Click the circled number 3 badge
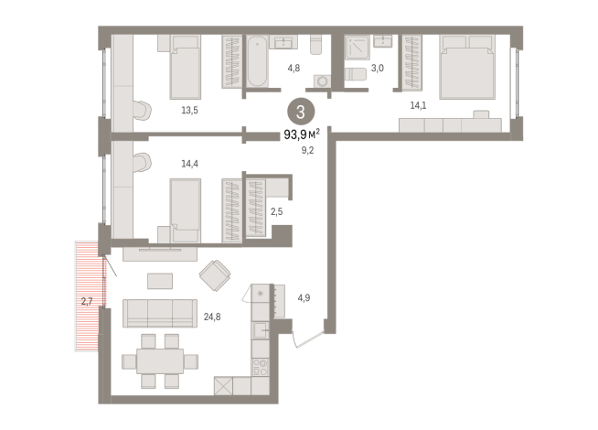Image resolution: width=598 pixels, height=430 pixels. coord(301,112)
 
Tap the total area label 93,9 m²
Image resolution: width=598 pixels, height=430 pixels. coord(302,134)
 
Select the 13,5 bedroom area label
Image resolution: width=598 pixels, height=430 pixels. coord(189,111)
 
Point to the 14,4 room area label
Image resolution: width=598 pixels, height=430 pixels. coord(189,164)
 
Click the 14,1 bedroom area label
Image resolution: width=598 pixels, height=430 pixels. coord(418,105)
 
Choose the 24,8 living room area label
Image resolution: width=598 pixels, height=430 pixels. coord(212,317)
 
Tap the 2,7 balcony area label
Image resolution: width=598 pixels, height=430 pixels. coord(87,301)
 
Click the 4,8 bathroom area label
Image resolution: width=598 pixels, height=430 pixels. coord(294,69)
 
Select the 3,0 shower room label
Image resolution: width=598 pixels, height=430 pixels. coord(378,69)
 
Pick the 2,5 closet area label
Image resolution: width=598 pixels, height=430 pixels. coord(277,211)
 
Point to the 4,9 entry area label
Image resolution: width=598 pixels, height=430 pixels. coord(304,297)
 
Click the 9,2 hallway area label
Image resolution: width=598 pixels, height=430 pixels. coord(308,150)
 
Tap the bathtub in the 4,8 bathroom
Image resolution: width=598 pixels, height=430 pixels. coord(257,61)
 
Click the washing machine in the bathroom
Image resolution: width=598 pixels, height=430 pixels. coord(322,81)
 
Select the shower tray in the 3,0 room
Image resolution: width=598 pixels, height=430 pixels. coord(358,48)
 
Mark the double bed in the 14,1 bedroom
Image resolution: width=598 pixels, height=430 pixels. coord(467,67)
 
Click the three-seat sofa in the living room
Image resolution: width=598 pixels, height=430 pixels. coord(160,313)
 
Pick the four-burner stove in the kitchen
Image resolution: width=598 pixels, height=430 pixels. coord(261,367)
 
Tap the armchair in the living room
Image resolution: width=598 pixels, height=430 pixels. coord(215,275)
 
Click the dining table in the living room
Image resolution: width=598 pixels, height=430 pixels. coord(160,361)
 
